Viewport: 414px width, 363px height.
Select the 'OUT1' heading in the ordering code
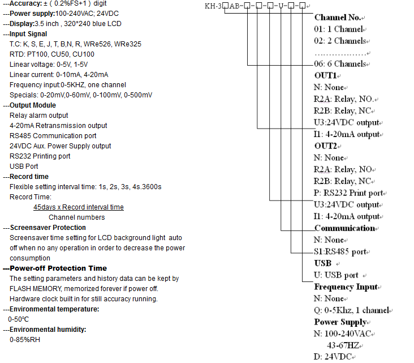tap(326, 75)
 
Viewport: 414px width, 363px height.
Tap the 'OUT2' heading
tap(326, 146)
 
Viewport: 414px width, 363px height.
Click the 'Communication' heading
tap(345, 228)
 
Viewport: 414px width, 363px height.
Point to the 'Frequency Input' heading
tap(346, 287)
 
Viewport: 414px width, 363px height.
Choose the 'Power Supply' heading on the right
tap(340, 322)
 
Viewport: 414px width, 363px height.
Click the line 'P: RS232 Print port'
tap(349, 193)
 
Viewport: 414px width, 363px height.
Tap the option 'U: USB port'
tap(336, 275)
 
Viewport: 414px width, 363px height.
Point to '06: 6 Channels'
tap(340, 64)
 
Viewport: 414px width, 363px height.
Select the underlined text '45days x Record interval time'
tap(79, 207)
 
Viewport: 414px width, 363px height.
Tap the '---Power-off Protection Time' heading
tap(55, 268)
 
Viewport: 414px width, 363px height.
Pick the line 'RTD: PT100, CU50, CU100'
tap(52, 54)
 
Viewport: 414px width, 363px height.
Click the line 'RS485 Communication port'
tap(53, 136)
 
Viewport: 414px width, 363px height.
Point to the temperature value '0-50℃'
tap(19, 319)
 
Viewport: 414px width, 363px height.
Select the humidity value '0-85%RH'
tap(25, 340)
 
